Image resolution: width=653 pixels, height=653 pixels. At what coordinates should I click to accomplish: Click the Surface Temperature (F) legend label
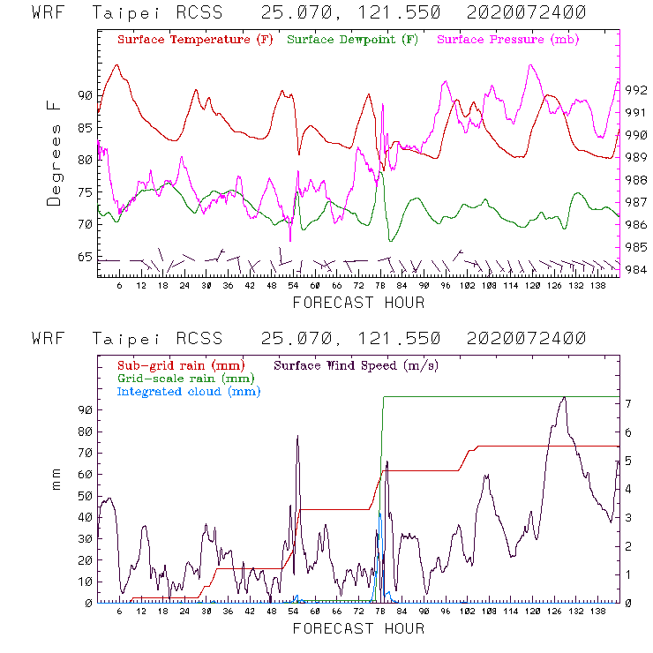click(x=195, y=40)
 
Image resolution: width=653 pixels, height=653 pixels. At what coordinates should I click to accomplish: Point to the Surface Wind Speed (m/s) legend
click(x=356, y=364)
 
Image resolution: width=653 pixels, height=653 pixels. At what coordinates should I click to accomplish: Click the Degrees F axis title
click(x=55, y=153)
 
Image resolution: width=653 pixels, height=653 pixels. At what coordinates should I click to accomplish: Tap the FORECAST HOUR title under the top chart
click(x=358, y=303)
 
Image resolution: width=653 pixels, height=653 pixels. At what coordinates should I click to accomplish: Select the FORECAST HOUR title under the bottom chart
click(x=358, y=628)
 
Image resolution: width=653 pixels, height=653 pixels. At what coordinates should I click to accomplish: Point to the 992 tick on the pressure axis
click(x=636, y=90)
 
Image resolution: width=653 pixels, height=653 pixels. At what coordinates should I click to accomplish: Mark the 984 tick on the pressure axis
click(x=636, y=269)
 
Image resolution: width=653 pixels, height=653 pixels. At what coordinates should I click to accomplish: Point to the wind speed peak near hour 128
click(x=564, y=398)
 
